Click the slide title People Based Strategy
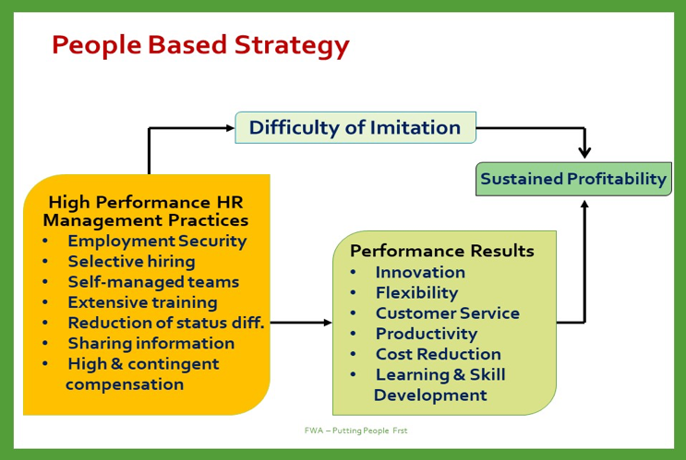tap(200, 46)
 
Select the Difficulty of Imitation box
tap(355, 127)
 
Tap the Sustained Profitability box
tap(573, 179)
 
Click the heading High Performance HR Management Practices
tap(146, 211)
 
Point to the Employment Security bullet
tap(157, 242)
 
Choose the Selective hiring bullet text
tap(132, 262)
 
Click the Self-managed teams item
tap(153, 282)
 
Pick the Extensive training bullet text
tap(142, 302)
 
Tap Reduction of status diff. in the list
tap(166, 323)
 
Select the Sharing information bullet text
tap(151, 343)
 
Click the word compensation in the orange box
tap(125, 384)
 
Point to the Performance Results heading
tap(442, 251)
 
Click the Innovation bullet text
tap(420, 272)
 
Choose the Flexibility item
tap(417, 293)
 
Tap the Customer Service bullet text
tap(448, 313)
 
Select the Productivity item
tap(427, 334)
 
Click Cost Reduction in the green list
tap(439, 354)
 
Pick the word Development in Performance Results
tap(430, 395)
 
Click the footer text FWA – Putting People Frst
tap(355, 431)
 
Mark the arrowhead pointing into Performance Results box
tap(328, 323)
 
